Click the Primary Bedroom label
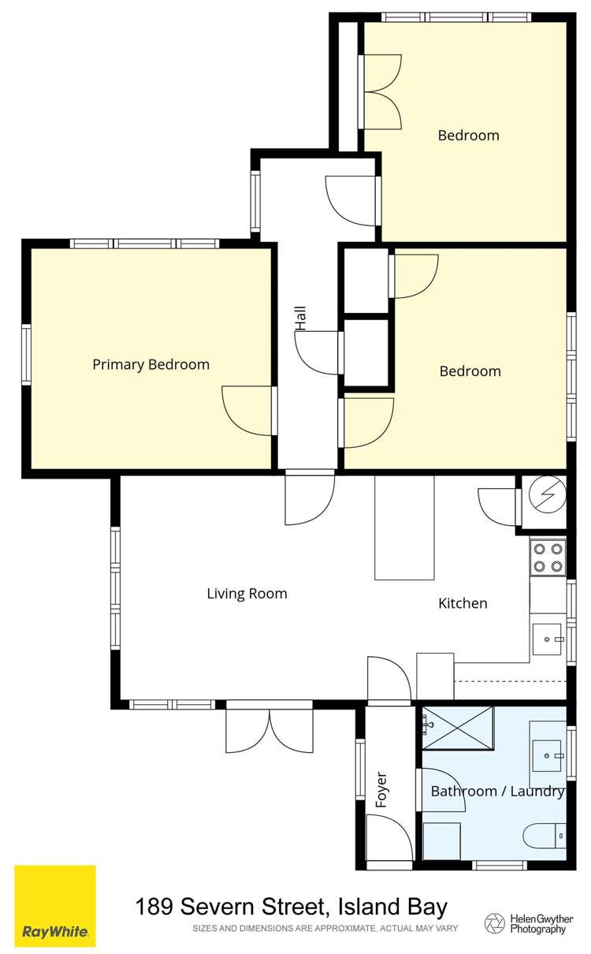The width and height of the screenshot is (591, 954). click(151, 364)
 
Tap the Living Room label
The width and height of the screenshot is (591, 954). click(247, 594)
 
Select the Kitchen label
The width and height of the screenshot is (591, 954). click(463, 603)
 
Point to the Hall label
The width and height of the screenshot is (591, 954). click(300, 319)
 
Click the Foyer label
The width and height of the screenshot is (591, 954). click(382, 788)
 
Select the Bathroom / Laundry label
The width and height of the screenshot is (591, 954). click(497, 791)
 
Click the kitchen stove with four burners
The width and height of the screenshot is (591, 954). click(548, 557)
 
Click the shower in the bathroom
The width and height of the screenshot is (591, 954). click(457, 728)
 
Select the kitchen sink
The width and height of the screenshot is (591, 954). click(547, 639)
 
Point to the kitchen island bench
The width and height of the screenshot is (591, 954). click(404, 527)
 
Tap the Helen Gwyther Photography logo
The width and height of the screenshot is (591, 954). click(527, 923)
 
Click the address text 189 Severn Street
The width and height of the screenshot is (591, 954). click(292, 907)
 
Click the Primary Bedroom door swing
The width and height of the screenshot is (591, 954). click(248, 410)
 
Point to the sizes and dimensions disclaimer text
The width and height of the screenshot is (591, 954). click(325, 929)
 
